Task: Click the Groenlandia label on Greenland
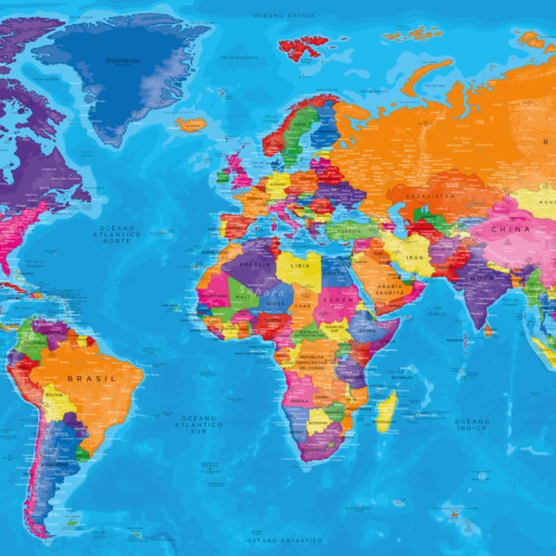tap(123, 62)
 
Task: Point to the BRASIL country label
tap(97, 378)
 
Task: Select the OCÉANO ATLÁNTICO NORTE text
tap(119, 235)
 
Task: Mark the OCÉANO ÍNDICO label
tap(472, 425)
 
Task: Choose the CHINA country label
tap(511, 229)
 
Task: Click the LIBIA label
tap(297, 265)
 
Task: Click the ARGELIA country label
tap(256, 263)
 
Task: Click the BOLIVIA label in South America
tap(54, 396)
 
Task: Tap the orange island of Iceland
tap(191, 123)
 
